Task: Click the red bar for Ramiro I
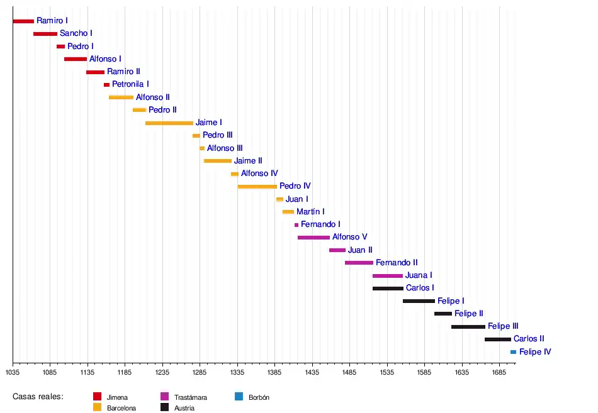(23, 21)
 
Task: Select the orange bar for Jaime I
(169, 123)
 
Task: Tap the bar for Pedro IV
(257, 187)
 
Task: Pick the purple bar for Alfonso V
(313, 238)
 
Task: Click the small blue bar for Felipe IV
(513, 352)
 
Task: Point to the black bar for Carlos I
(388, 289)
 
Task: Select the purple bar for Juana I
(387, 276)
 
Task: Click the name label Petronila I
(130, 84)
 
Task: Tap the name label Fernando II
(397, 263)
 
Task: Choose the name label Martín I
(310, 212)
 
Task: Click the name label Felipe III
(503, 326)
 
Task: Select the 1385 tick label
(274, 372)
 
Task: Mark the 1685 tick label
(499, 372)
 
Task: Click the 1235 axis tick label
(162, 372)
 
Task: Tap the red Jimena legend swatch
(97, 397)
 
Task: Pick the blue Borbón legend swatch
(238, 397)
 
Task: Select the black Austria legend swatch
(164, 407)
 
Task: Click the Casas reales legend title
(38, 397)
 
